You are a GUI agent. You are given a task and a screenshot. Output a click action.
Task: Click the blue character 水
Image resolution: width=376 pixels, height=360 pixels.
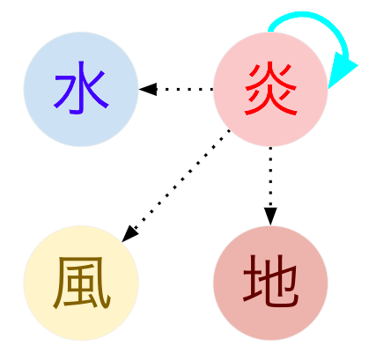tap(81, 88)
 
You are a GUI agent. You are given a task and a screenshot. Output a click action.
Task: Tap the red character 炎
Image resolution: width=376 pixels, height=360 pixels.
tap(270, 89)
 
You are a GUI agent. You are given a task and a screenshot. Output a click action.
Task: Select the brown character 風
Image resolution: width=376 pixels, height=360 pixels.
tap(82, 283)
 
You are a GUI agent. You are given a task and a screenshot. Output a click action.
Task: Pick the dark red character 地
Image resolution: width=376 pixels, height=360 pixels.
tap(270, 281)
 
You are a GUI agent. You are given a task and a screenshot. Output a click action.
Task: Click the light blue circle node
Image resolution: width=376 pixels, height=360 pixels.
tap(81, 89)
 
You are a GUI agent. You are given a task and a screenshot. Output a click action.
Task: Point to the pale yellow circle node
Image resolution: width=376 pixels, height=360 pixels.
tap(81, 283)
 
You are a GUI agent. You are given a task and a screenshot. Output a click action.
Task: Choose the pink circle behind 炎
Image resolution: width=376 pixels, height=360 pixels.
tap(270, 89)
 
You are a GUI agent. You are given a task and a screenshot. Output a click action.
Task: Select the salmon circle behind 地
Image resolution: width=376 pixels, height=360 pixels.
tap(270, 283)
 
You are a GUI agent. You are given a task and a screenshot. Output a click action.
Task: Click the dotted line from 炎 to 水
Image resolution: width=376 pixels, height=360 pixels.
tap(185, 89)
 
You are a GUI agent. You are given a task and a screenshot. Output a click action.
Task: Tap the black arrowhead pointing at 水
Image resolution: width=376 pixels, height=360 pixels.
tap(148, 89)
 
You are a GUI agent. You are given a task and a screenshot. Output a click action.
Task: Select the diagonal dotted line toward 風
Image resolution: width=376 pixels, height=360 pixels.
tap(182, 179)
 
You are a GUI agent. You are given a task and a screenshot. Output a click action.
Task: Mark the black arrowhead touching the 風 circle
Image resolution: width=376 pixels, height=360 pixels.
tap(129, 234)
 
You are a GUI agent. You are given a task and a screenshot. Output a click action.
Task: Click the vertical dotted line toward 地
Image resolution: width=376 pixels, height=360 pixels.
tap(270, 177)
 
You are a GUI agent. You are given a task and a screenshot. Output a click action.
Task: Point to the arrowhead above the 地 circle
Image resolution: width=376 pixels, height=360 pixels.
tap(270, 217)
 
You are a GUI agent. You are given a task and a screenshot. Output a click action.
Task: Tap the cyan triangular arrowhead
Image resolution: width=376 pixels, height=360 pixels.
tap(341, 70)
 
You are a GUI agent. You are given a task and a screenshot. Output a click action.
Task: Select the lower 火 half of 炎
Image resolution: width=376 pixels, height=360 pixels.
tap(270, 101)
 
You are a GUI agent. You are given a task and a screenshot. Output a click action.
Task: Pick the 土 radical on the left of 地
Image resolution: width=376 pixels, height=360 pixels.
tap(252, 281)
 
